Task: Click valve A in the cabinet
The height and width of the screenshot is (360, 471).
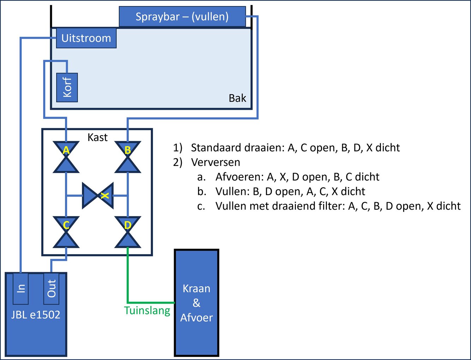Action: (66, 157)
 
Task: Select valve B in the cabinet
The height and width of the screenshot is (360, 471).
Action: (128, 157)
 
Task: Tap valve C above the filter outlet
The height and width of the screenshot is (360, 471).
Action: (66, 232)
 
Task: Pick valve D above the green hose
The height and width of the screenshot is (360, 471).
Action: (128, 232)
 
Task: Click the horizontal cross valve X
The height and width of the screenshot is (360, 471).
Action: (98, 195)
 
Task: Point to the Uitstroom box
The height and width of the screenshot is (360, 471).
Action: (86, 38)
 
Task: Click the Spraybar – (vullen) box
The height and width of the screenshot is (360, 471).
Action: (182, 17)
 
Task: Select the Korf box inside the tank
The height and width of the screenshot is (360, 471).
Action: (67, 88)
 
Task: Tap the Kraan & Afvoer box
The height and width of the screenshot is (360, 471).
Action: (197, 303)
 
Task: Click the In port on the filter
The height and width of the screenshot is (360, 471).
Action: (21, 288)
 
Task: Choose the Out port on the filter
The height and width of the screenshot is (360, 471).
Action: (52, 288)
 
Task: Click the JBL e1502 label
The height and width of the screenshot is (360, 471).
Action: (36, 314)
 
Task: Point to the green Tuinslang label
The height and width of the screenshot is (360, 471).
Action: (147, 311)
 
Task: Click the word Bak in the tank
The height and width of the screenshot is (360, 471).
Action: (237, 98)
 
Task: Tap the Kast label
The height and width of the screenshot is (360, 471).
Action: (97, 137)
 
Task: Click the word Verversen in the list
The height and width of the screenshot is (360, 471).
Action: (215, 162)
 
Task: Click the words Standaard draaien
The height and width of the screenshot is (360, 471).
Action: (237, 148)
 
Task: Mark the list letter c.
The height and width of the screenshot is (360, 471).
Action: (201, 206)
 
